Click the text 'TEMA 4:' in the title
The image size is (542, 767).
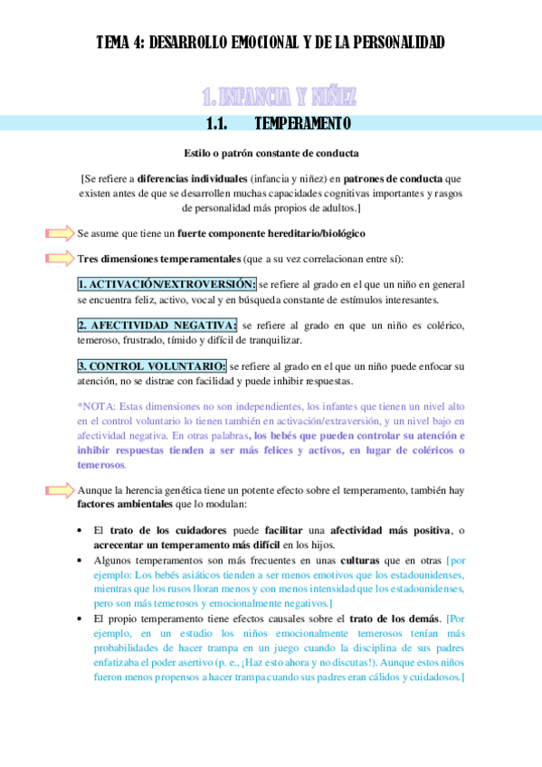point(119,43)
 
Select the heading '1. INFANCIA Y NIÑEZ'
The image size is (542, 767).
point(279,96)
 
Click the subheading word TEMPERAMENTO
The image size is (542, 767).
point(303,123)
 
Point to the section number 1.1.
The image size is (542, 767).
point(221,123)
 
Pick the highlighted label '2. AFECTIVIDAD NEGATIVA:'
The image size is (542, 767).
point(157,326)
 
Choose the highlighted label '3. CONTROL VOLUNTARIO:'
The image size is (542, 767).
point(152,366)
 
